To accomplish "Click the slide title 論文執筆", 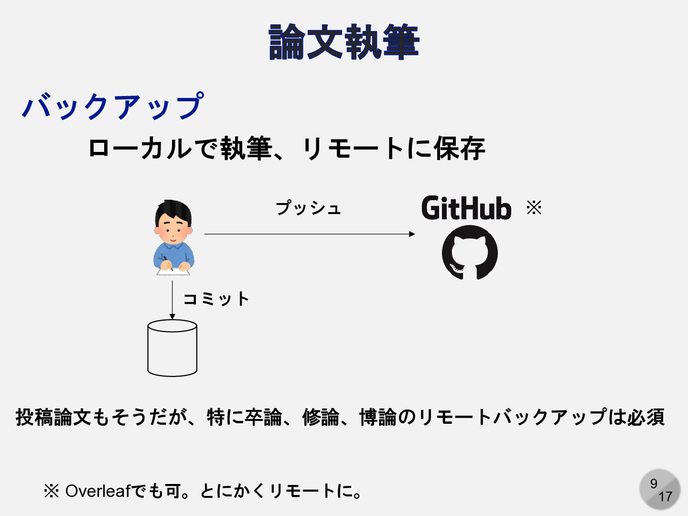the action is [344, 43].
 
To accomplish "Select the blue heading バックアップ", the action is [113, 106].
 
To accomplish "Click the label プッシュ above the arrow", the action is [308, 208].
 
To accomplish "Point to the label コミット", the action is [216, 299].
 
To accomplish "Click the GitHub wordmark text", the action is [466, 208].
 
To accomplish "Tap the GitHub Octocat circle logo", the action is [470, 253].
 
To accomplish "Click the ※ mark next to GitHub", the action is [534, 207].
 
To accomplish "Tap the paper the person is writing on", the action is [173, 271].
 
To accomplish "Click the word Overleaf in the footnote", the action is [97, 491].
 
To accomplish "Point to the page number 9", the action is [654, 484].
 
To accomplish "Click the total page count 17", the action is [665, 497].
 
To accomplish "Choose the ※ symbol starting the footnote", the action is [51, 491].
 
